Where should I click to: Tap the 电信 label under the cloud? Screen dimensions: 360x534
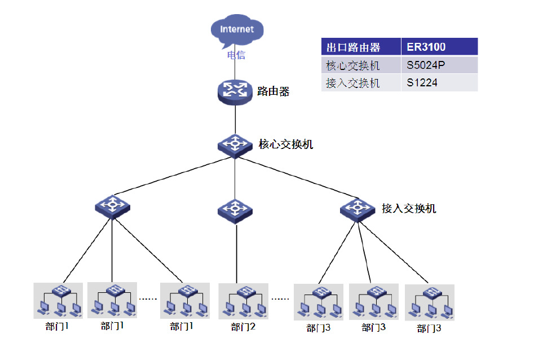point(236,55)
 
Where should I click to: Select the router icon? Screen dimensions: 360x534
point(235,91)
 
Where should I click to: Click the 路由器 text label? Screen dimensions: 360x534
point(273,91)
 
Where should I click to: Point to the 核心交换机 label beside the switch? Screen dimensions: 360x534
point(286,144)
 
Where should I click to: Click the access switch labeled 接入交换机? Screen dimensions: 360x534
point(358,209)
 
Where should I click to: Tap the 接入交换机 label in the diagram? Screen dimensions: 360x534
point(409,209)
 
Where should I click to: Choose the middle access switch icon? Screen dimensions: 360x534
point(235,210)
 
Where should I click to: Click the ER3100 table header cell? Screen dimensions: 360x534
point(439,47)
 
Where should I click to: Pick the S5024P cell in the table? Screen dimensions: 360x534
point(439,65)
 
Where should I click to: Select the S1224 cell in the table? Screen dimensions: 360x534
point(439,83)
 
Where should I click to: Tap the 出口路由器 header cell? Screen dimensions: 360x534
point(361,47)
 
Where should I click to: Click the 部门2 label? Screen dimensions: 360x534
point(244,327)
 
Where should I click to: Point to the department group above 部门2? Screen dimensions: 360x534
point(244,301)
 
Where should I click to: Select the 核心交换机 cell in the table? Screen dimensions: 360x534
point(361,65)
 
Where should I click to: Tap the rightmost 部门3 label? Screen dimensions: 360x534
point(429,328)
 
